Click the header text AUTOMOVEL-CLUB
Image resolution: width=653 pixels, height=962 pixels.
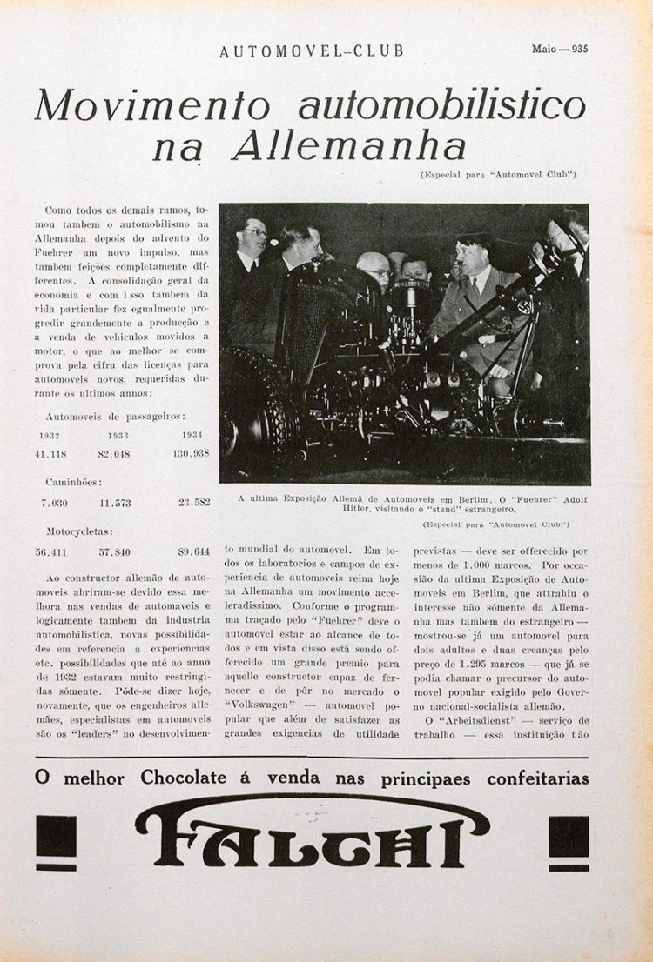[x=312, y=51]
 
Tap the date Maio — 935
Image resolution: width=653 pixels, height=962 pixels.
[x=560, y=49]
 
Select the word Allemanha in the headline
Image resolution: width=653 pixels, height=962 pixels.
[x=348, y=147]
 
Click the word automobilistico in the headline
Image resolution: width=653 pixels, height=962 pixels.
[x=441, y=105]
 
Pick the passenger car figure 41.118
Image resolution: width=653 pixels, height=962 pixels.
[x=53, y=453]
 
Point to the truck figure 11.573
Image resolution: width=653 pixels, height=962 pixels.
[x=115, y=503]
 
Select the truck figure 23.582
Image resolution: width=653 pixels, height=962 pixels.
[x=193, y=503]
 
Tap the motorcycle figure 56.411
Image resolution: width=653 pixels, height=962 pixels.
[x=53, y=551]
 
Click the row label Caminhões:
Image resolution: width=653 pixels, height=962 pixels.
[x=72, y=481]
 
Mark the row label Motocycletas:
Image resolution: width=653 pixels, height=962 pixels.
[x=80, y=530]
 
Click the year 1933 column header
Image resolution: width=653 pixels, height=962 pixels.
[x=118, y=435]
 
